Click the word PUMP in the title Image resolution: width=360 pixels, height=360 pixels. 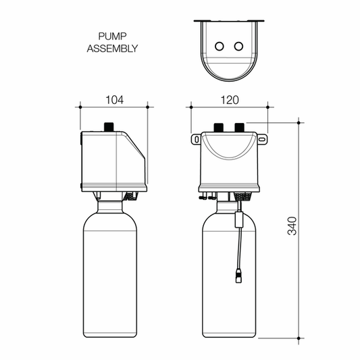coord(112,36)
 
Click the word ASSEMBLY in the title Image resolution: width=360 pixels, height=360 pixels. coord(112,49)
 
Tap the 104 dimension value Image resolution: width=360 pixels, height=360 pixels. coord(114,100)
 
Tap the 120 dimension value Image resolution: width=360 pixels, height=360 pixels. coord(230,100)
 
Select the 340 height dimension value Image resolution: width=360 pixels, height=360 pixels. coord(292,226)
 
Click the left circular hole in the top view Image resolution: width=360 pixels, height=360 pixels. coord(220,46)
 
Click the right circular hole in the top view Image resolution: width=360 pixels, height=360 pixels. coord(238,46)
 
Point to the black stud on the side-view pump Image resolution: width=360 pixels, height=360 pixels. coord(109,127)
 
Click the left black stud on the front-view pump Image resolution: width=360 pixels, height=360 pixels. coord(219,128)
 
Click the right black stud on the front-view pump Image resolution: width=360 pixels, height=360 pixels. coord(239,128)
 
